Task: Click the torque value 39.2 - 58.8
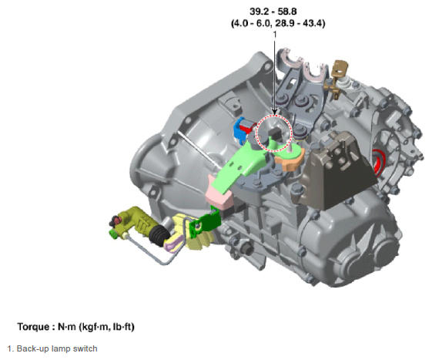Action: [273, 12]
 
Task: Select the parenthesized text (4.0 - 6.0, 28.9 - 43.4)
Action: [278, 23]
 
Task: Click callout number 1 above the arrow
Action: [274, 35]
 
